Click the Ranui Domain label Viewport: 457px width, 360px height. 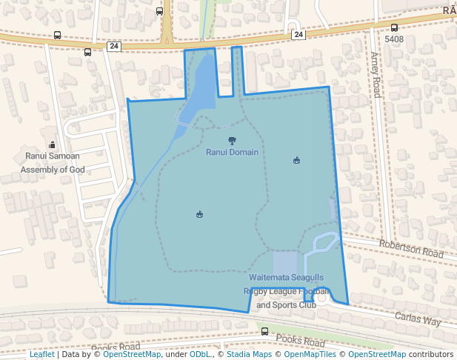click(232, 153)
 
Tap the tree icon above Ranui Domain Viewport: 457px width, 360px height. click(232, 140)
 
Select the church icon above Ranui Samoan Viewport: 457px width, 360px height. click(52, 144)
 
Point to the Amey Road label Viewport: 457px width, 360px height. click(376, 74)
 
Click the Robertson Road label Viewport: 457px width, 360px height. click(411, 248)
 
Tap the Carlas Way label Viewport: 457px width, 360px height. click(417, 319)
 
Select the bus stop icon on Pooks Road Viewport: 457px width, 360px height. click(265, 331)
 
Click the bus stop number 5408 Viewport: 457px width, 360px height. click(394, 39)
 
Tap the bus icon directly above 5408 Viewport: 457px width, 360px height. click(394, 27)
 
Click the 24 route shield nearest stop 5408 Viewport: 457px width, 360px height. click(298, 34)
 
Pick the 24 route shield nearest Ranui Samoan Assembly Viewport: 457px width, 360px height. click(113, 46)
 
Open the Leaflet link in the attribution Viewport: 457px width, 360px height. click(41, 354)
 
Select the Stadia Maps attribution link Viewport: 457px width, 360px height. click(249, 354)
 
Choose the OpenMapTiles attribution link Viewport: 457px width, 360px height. click(308, 354)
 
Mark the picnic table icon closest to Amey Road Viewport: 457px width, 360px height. click(297, 160)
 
